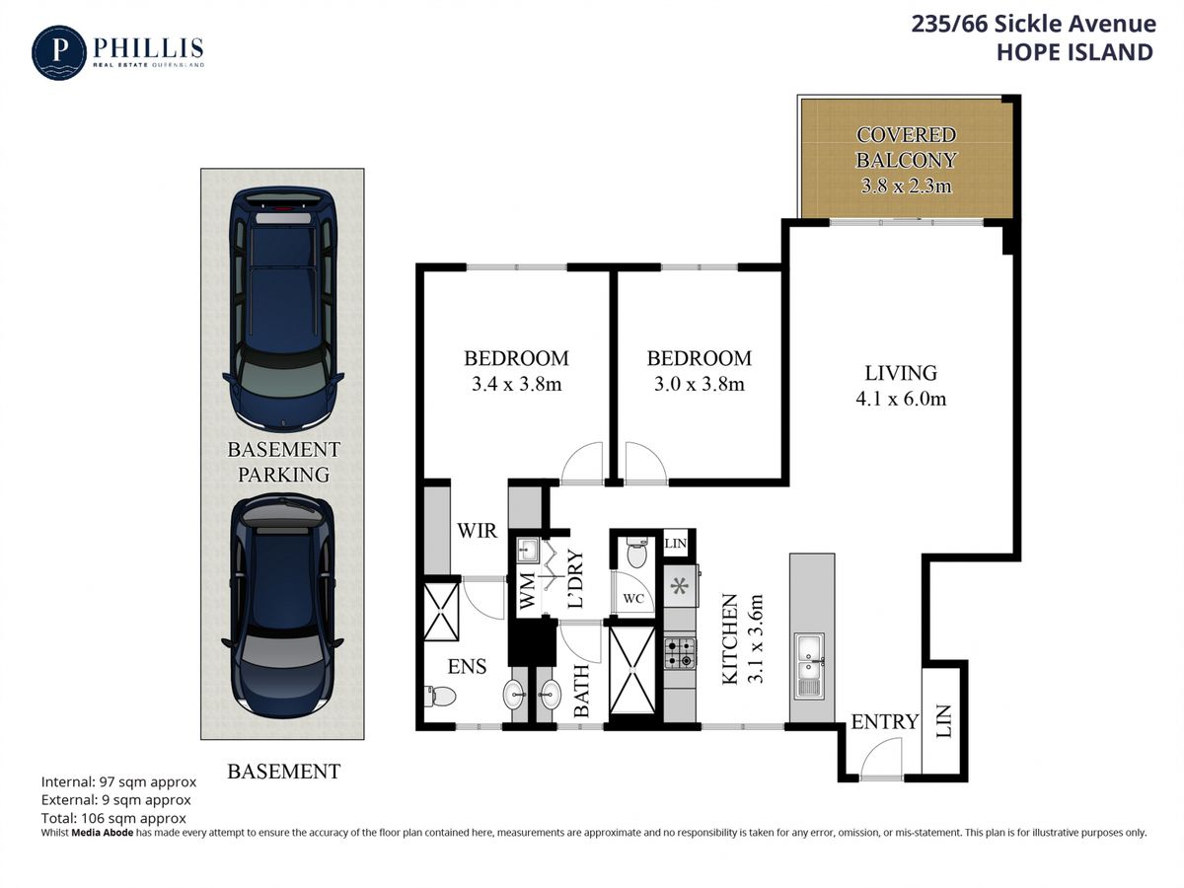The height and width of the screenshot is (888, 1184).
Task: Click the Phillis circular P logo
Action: tap(59, 52)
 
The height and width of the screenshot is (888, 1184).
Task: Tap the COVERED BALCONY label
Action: tap(906, 147)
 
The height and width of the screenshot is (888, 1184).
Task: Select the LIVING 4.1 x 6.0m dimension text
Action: tap(900, 399)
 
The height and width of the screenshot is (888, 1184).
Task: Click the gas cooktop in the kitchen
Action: tap(680, 653)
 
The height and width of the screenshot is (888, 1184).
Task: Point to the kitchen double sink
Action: tap(809, 666)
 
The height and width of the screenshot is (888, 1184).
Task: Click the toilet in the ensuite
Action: tap(440, 696)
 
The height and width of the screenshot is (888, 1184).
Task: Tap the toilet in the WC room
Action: tap(636, 552)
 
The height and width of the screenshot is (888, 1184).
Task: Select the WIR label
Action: tap(477, 531)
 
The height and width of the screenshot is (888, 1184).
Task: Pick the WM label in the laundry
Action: tap(527, 591)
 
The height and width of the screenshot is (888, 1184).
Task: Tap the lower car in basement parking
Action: tap(282, 606)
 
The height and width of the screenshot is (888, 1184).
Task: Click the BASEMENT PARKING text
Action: tap(283, 462)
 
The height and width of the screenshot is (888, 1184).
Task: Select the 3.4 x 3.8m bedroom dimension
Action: tap(516, 384)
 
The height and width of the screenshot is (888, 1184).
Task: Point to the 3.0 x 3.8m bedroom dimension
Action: tap(700, 384)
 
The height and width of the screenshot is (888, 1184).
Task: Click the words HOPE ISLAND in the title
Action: tap(1074, 52)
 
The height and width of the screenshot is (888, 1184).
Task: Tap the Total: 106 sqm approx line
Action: tap(113, 818)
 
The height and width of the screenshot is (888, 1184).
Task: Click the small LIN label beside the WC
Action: tap(675, 543)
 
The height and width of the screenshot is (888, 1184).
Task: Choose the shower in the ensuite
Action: tap(441, 611)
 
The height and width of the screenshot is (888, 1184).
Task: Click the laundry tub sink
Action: tap(527, 550)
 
